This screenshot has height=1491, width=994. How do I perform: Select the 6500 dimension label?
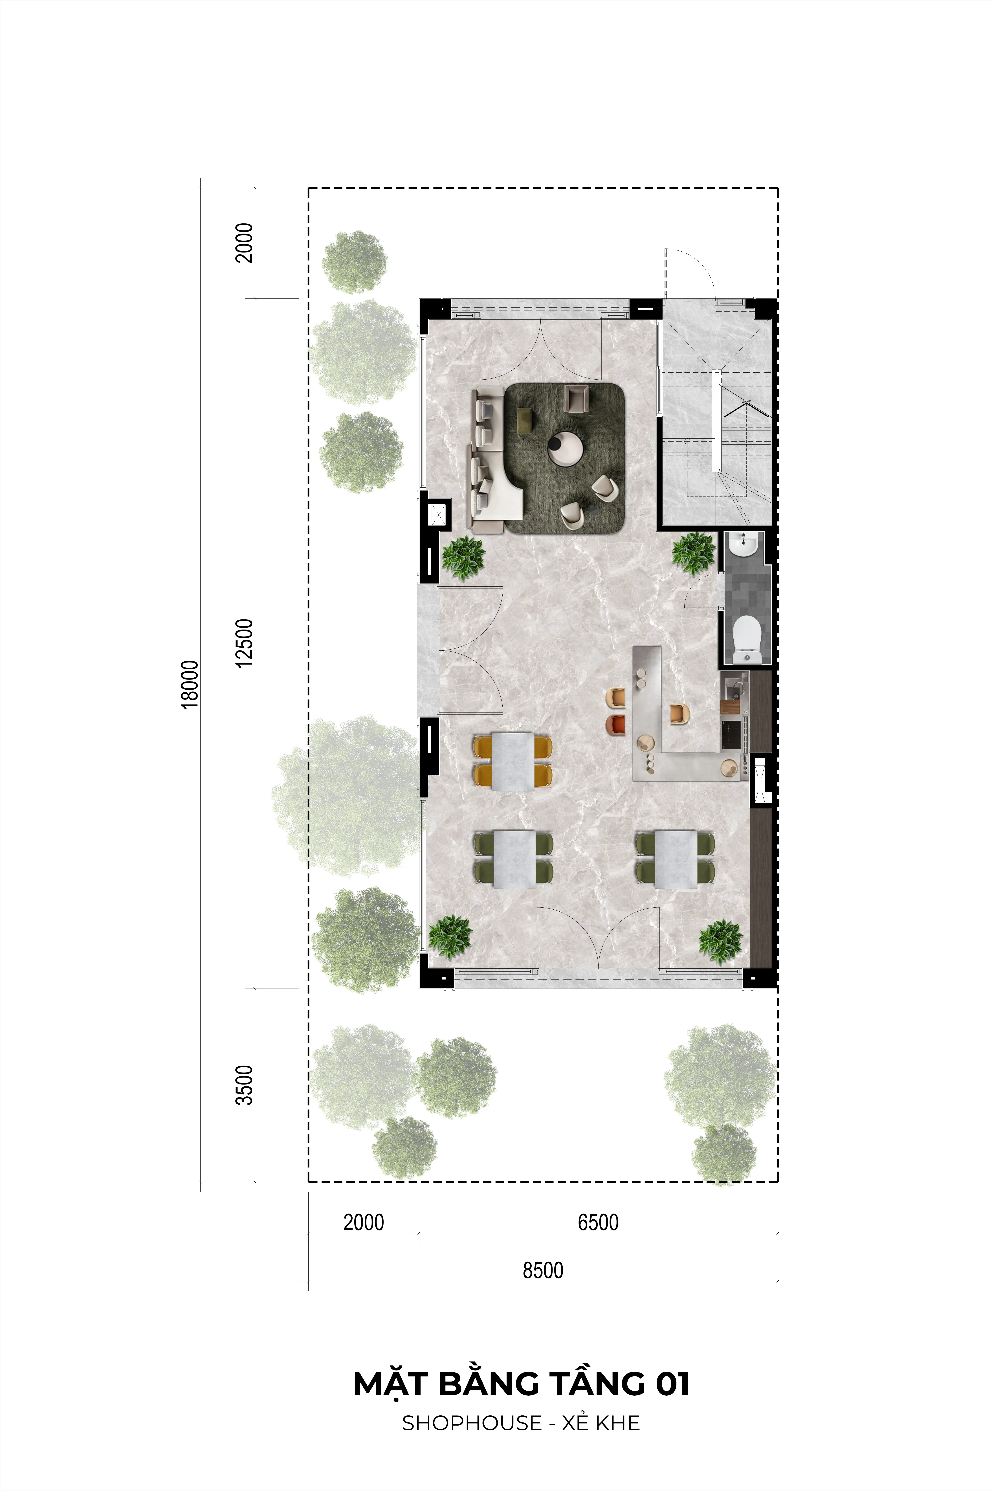click(598, 1222)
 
